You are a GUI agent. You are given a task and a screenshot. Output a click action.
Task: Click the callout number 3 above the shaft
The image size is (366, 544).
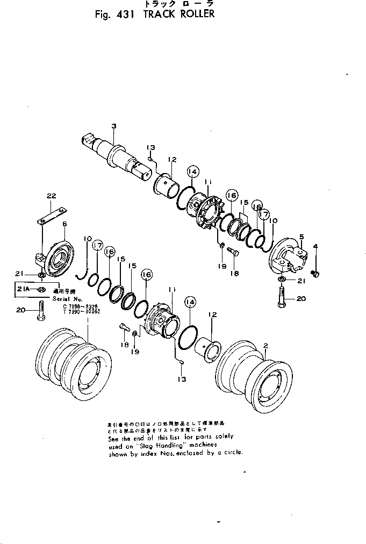[x=113, y=126]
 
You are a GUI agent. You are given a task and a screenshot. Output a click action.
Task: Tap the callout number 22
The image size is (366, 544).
[x=51, y=197]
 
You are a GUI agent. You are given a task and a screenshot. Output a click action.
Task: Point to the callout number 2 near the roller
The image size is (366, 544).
[x=265, y=345]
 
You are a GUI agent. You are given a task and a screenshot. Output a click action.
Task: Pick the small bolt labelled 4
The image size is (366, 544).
[x=315, y=274]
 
